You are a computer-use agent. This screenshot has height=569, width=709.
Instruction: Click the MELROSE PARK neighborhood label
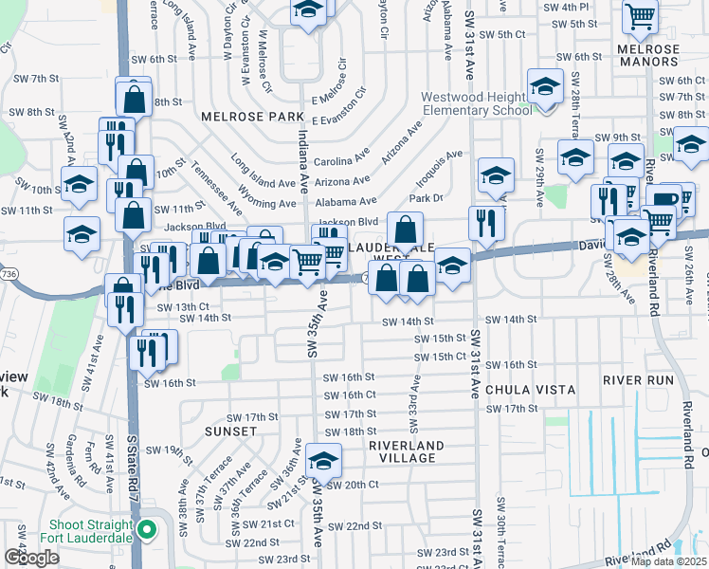click(251, 116)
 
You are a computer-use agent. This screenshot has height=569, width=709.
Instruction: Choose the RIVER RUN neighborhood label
click(638, 380)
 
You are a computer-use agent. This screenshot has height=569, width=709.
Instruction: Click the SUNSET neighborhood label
click(230, 431)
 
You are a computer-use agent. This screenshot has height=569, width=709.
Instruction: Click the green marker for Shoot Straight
click(146, 528)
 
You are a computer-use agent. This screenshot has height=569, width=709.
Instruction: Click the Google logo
click(31, 558)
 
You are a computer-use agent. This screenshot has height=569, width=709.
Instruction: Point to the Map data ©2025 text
click(668, 561)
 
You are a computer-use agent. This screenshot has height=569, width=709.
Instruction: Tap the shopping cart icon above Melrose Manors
click(640, 16)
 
